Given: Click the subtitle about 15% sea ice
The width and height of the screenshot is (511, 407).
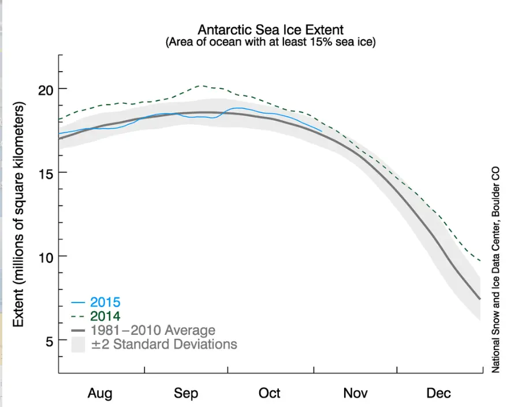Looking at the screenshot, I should [x=271, y=43].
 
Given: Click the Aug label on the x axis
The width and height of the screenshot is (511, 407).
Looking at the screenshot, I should [x=100, y=393].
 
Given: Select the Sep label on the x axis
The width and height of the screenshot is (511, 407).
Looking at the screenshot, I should [x=185, y=393].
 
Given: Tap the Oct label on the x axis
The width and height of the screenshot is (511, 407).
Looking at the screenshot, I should [x=270, y=393].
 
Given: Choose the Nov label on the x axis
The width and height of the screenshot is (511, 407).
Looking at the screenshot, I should [x=355, y=393].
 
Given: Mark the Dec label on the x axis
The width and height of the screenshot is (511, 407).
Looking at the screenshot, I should [x=439, y=393].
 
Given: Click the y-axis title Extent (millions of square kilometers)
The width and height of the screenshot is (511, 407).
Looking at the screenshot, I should [x=19, y=215].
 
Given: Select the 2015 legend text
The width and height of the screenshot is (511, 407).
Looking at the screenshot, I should [x=105, y=302].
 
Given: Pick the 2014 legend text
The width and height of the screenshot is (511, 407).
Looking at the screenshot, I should [x=105, y=316].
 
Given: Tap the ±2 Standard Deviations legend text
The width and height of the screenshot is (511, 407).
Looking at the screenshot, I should [x=164, y=344].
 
